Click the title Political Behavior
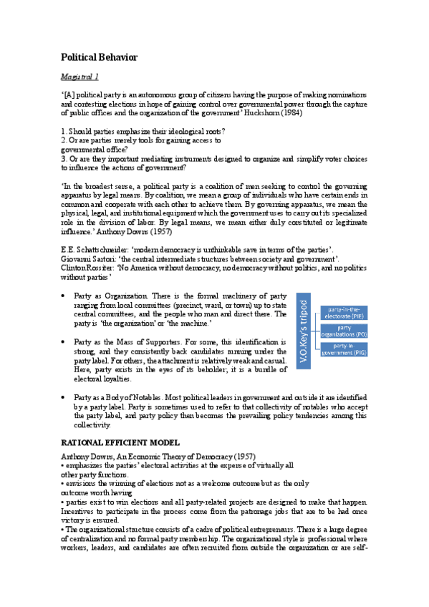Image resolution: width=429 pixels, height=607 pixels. click(x=99, y=57)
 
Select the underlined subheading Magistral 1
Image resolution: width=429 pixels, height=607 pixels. click(x=79, y=76)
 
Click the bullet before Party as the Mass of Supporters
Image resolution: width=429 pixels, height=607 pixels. click(x=65, y=342)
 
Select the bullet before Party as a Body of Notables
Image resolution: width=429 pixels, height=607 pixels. click(x=65, y=397)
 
